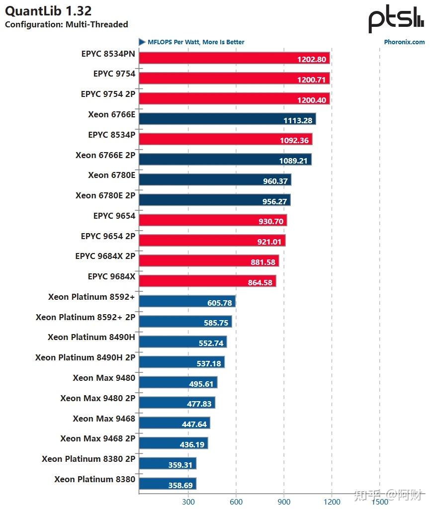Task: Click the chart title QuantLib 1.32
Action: (x=48, y=11)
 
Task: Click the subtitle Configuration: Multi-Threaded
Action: (x=67, y=24)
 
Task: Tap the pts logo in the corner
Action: (x=396, y=18)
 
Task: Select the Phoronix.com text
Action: (x=404, y=42)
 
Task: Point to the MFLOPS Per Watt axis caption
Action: (x=196, y=42)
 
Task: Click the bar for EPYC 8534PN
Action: (x=235, y=58)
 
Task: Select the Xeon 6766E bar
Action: (x=228, y=119)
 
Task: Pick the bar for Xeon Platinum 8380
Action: (x=168, y=484)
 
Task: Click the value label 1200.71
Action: (x=312, y=80)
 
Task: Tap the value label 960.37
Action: (x=275, y=181)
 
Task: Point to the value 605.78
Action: (x=219, y=303)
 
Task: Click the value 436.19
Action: (x=192, y=445)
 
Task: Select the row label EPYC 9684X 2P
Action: (x=105, y=256)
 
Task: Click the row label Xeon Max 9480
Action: (x=104, y=378)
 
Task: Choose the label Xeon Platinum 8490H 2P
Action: (x=85, y=357)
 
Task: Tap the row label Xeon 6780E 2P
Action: (x=105, y=195)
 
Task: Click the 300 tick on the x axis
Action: (x=188, y=502)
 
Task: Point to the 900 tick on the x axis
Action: (x=284, y=502)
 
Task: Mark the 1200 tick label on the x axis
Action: (x=332, y=502)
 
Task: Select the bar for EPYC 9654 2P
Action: (x=212, y=240)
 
